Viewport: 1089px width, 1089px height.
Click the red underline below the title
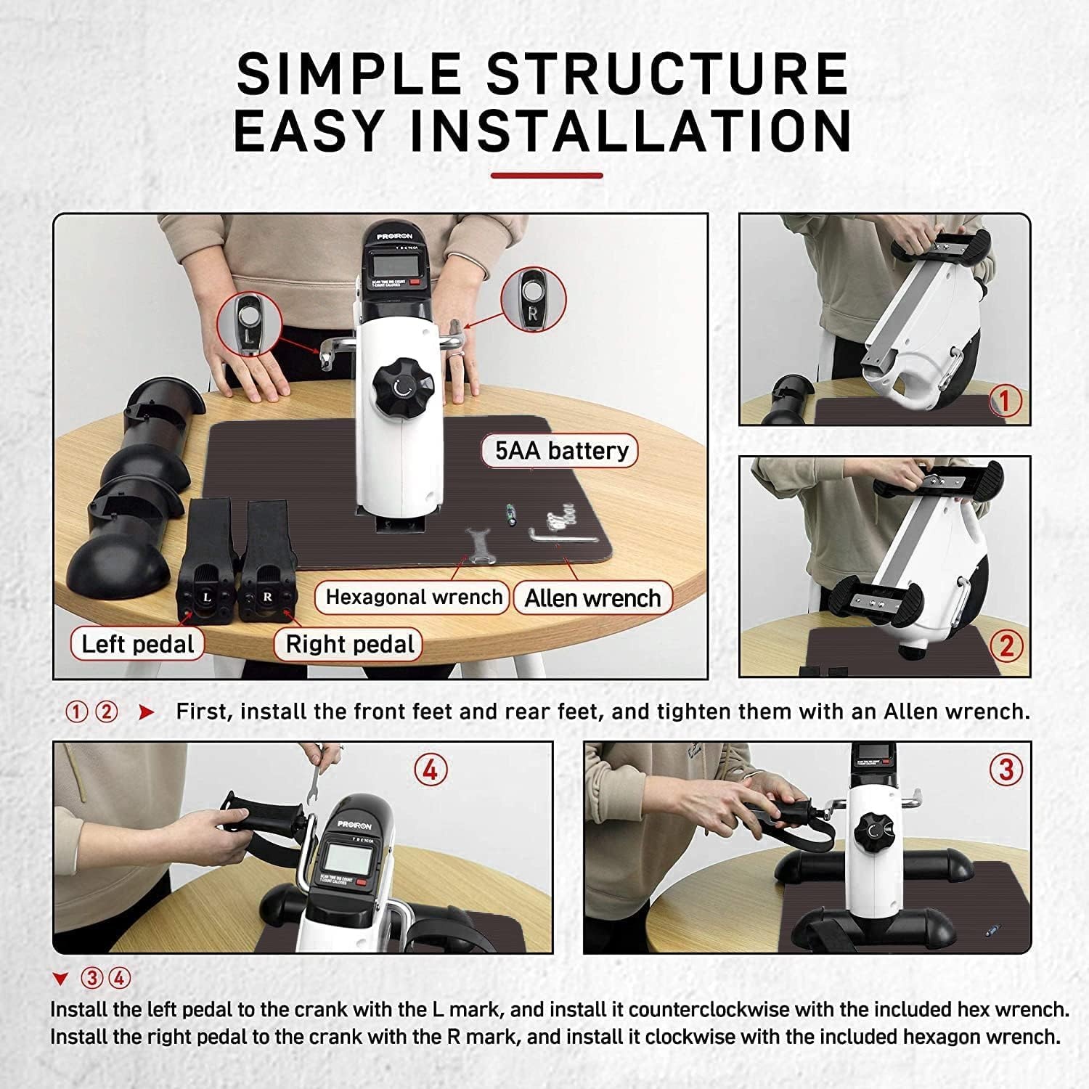[x=547, y=175]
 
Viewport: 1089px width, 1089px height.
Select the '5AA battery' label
[x=561, y=451]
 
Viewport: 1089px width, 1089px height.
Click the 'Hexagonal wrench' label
[x=413, y=597]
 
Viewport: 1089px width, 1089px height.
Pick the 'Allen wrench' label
[x=592, y=599]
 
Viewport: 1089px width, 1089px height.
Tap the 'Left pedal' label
[x=137, y=644]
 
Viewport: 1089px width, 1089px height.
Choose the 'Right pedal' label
[x=348, y=644]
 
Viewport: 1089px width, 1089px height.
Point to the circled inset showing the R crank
[x=534, y=298]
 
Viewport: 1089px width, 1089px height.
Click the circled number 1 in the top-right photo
[x=1006, y=401]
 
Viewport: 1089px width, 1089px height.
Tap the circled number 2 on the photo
[x=1006, y=645]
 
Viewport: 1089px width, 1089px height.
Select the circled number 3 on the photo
[x=1006, y=769]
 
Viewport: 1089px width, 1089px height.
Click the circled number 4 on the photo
[x=431, y=769]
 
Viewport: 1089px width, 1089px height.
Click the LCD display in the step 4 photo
[x=346, y=859]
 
